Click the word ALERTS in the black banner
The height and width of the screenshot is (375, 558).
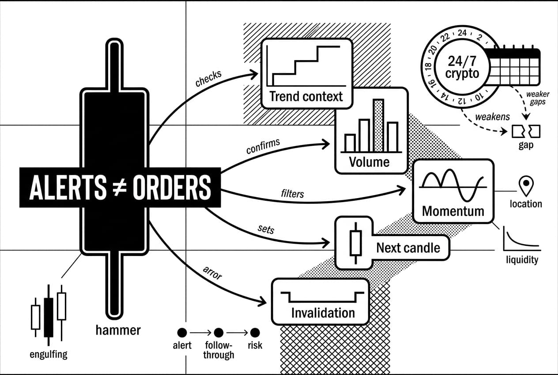68,187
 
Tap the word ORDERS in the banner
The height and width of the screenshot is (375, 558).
172,187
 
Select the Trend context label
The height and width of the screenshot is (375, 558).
306,97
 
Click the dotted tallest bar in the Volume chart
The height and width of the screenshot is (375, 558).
378,126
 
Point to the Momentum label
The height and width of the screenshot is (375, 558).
453,211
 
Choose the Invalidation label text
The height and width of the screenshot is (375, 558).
323,313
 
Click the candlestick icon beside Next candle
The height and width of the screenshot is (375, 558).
355,243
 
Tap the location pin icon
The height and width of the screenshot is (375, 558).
526,186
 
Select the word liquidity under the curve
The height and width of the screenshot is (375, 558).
522,260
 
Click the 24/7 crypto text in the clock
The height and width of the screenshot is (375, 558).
462,67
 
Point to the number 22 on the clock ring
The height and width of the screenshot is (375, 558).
445,37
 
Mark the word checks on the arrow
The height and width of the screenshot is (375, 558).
208,78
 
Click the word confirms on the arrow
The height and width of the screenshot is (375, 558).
263,146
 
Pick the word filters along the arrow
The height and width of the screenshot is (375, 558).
292,194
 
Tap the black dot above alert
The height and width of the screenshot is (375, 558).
182,333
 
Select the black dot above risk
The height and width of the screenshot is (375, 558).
255,333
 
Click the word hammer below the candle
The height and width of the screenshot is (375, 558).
118,330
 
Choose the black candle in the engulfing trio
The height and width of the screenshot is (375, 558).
49,315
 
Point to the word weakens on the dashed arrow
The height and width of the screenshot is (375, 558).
493,117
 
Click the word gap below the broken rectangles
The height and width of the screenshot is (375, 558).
526,145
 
